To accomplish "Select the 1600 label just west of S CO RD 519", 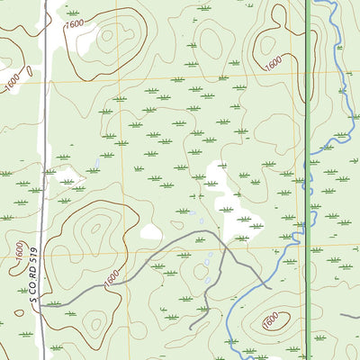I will tap(20, 253).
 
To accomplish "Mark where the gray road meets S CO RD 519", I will tap(43, 303).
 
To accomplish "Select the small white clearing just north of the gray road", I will tap(151, 232).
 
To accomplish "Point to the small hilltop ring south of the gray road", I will tap(191, 272).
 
